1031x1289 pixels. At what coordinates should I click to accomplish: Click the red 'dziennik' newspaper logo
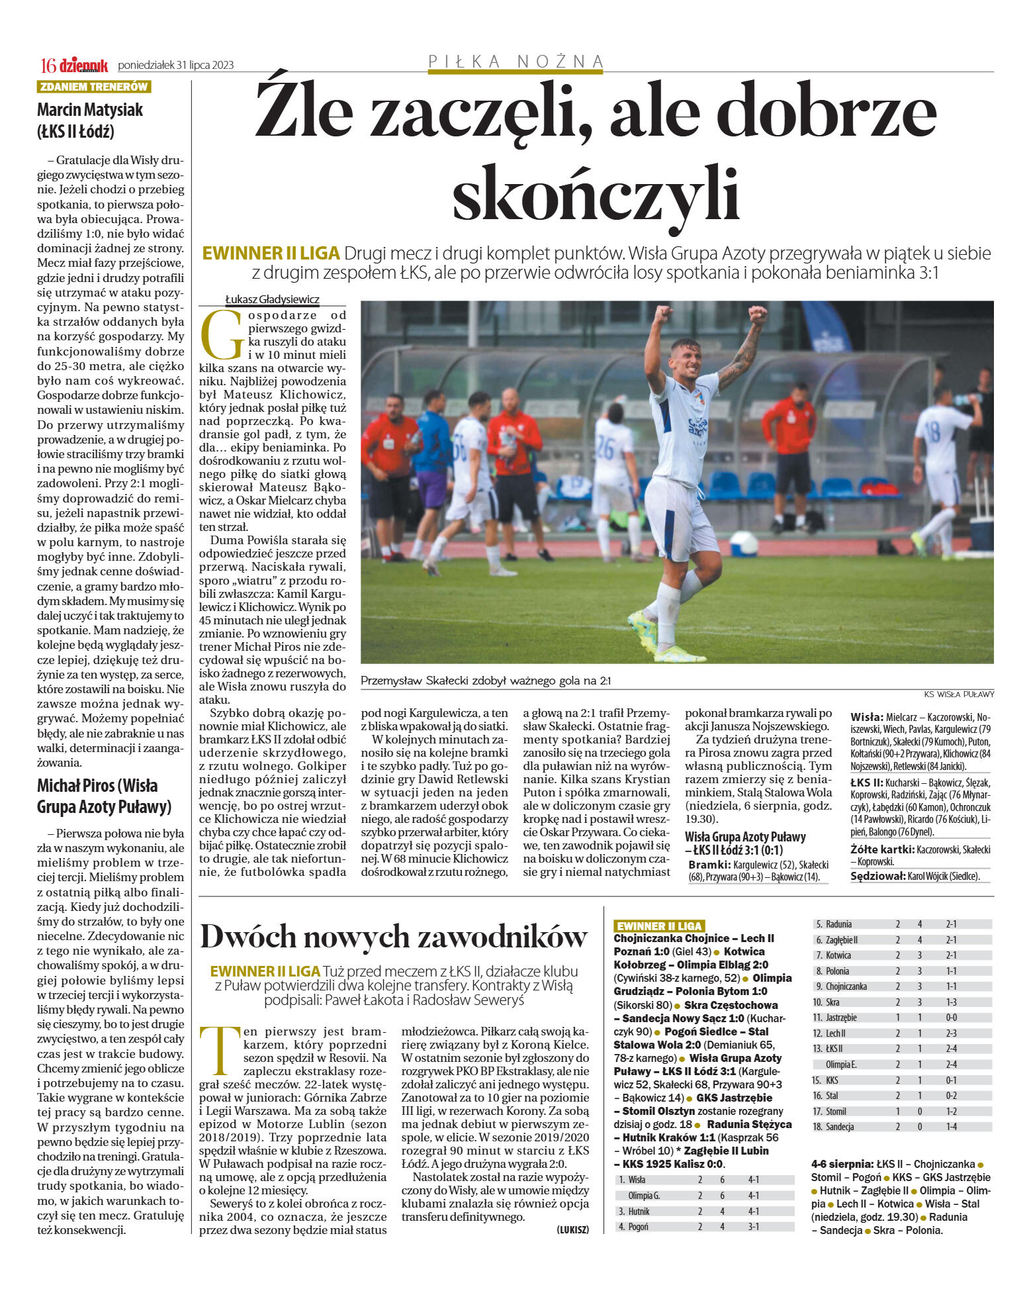point(83,65)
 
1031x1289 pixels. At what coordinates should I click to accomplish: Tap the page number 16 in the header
point(48,66)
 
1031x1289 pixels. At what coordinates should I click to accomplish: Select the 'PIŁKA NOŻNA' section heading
point(515,62)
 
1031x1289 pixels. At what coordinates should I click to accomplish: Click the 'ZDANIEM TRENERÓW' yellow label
point(94,87)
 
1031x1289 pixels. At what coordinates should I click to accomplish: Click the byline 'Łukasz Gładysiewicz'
point(272,299)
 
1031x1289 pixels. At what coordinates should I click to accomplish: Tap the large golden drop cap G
point(222,334)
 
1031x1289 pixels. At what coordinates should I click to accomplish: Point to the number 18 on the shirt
point(932,432)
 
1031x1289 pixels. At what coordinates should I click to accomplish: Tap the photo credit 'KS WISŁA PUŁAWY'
point(959,694)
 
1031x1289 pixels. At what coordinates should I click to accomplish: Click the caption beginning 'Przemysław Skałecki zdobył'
point(486,681)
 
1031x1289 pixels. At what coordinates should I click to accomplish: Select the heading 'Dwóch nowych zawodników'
point(394,936)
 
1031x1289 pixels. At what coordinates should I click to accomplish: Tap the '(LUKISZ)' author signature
point(572,1229)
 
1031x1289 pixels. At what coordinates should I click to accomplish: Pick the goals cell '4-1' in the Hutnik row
point(753,1211)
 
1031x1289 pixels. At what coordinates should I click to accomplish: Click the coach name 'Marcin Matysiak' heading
point(90,110)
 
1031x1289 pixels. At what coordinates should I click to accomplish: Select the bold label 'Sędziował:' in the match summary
point(877,876)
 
